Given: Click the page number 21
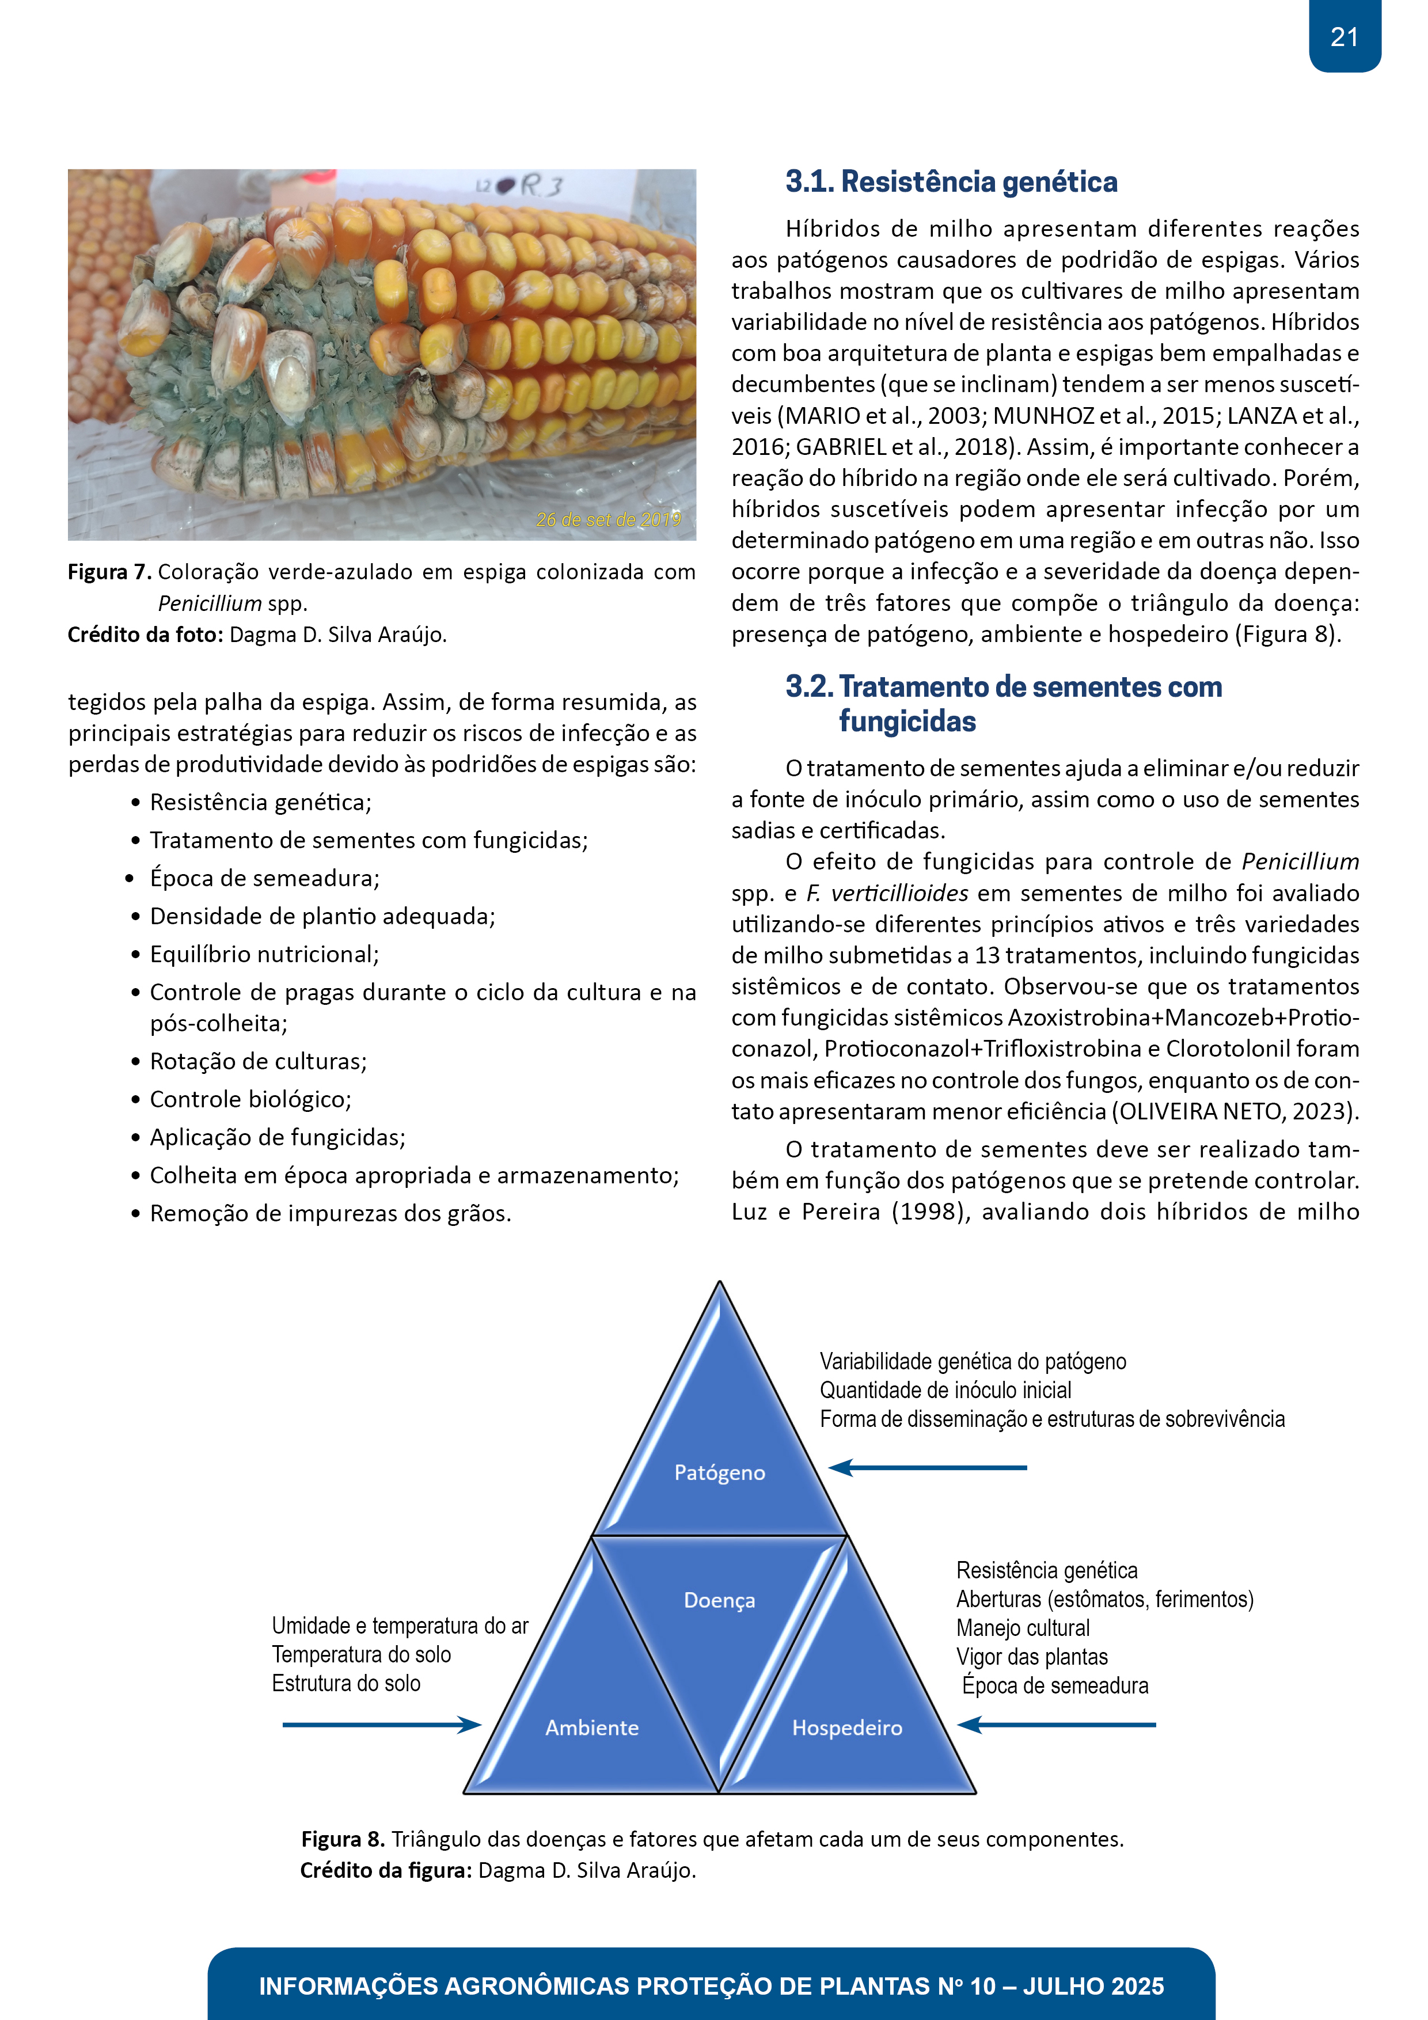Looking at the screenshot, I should tap(1343, 37).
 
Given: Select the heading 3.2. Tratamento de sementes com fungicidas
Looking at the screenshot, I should tap(1003, 703).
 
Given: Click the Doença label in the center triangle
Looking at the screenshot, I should tap(719, 1600).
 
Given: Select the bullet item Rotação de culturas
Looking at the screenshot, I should tap(258, 1062).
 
